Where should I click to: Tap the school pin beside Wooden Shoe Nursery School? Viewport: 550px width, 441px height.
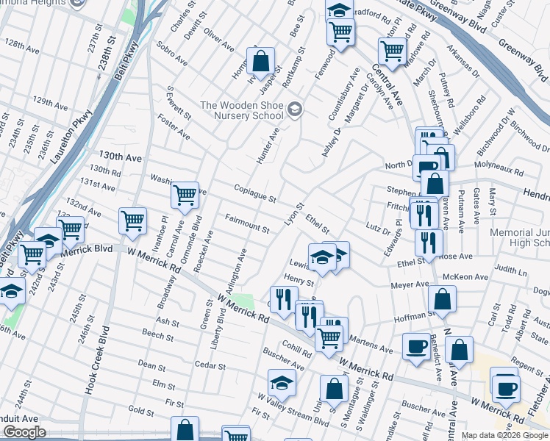[295, 110]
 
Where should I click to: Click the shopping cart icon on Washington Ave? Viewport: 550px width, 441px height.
[184, 196]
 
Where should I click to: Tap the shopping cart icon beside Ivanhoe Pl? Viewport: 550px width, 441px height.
[132, 220]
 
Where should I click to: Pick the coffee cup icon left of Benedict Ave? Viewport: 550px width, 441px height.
[416, 348]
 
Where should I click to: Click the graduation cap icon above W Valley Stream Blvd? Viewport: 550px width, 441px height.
[281, 383]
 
